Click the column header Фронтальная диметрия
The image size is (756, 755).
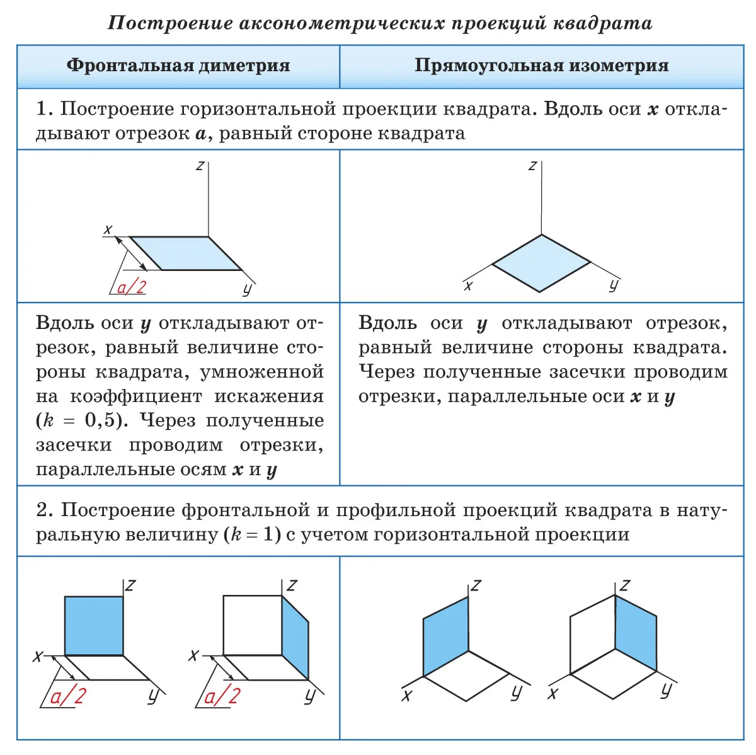[178, 65]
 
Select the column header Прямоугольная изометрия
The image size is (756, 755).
[542, 65]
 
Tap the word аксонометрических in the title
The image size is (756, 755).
[341, 23]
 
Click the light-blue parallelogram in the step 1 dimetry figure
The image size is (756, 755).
[185, 253]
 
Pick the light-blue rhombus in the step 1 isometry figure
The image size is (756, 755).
[541, 263]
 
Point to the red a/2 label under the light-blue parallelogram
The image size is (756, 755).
[132, 287]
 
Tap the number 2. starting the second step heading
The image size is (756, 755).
[45, 510]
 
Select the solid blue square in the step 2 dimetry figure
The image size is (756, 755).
[94, 626]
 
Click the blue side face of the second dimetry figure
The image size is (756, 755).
[295, 637]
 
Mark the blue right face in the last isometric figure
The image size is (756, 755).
[636, 633]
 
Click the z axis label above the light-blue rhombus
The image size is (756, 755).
[532, 166]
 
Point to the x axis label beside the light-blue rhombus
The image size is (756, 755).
[467, 286]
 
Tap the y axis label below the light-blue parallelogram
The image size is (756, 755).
[247, 290]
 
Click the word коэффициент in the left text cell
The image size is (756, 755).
[136, 396]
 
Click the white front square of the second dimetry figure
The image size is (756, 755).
[253, 625]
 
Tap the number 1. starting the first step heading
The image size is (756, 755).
[44, 108]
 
